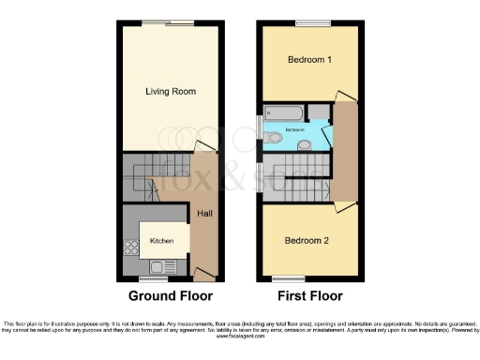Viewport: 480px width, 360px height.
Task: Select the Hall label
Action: coord(204,214)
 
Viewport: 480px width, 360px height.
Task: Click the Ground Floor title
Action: coord(168,299)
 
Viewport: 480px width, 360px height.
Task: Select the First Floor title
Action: coord(310,299)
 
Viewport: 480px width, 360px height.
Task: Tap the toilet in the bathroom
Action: coord(273,139)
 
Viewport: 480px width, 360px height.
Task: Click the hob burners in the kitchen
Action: coord(128,249)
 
